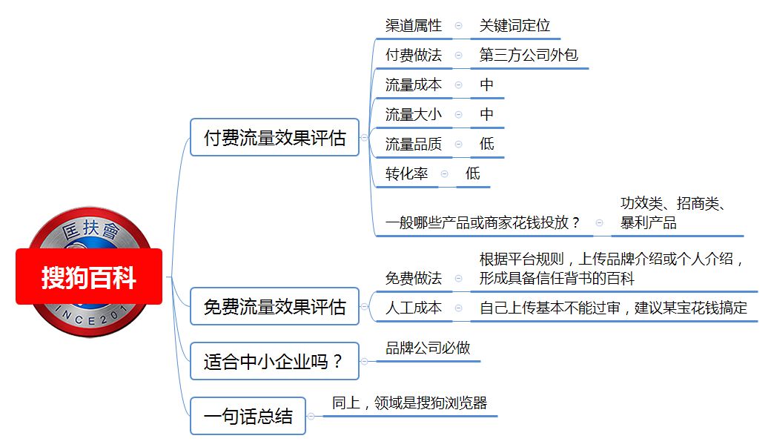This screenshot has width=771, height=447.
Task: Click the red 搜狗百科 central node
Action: [89, 277]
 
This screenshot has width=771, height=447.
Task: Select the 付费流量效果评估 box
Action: [274, 137]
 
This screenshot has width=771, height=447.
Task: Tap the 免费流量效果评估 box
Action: [274, 306]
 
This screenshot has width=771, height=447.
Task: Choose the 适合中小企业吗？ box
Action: [274, 361]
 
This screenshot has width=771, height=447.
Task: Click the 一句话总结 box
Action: [248, 416]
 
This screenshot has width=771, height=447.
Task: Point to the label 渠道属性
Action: [414, 25]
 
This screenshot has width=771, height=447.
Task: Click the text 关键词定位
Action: [514, 25]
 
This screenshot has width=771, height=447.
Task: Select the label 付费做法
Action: [414, 55]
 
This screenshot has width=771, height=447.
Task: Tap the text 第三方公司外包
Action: [529, 55]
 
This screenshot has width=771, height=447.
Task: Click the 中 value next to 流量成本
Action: [486, 85]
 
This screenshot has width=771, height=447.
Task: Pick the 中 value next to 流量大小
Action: [486, 114]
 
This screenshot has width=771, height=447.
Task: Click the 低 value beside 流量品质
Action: [487, 144]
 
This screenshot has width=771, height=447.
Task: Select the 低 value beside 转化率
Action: [472, 173]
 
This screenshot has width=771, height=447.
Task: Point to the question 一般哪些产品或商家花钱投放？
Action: [483, 223]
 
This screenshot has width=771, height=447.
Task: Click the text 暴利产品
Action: [649, 223]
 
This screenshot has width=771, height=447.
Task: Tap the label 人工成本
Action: [414, 308]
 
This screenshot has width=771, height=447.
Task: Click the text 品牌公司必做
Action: [428, 348]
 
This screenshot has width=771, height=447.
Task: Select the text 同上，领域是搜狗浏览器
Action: [409, 403]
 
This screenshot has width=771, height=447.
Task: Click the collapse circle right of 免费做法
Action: [458, 278]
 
